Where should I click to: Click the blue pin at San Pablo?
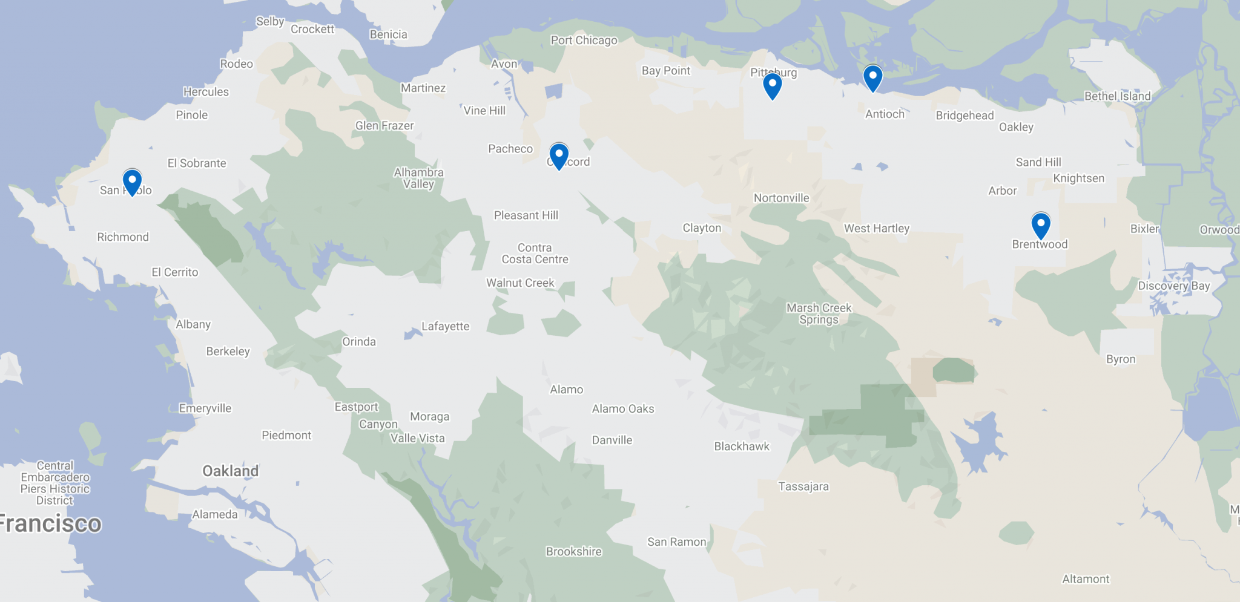point(132,181)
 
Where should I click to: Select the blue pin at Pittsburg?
point(772,85)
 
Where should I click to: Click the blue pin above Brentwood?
point(1040,224)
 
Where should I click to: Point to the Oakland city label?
point(230,471)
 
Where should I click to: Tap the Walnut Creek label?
point(520,283)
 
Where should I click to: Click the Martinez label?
point(423,88)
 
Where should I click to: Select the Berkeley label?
point(228,351)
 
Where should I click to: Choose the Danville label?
point(612,440)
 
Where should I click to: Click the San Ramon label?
point(676,541)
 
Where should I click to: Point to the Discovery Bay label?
point(1173,286)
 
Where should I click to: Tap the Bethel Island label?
point(1117,96)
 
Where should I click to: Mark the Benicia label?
point(388,34)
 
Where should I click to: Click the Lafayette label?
point(445,326)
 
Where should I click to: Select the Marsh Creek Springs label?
point(819,313)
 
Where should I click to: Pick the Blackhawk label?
point(741,446)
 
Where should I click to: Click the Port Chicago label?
point(584,40)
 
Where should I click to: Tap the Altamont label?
point(1086,578)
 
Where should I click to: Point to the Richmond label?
point(123,237)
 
